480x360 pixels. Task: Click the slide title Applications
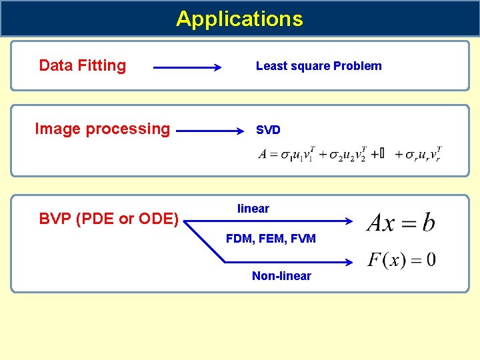point(239,19)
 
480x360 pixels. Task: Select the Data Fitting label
point(83,65)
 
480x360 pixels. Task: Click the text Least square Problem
point(319,66)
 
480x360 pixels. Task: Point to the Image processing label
point(102,129)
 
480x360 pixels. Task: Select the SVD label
point(268,130)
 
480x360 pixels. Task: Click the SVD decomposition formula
point(351,154)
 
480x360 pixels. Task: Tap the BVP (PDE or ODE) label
point(109,219)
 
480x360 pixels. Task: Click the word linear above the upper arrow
point(253,209)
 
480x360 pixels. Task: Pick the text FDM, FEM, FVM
point(271,238)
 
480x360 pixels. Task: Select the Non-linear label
point(281,276)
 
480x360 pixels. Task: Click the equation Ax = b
point(401,222)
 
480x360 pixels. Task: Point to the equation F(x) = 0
point(402,259)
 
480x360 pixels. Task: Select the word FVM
point(303,238)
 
